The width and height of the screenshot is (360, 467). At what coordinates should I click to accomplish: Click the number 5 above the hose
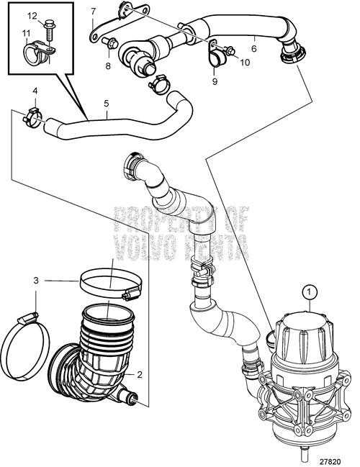(x=106, y=104)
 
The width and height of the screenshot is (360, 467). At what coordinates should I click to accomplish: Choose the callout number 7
(x=93, y=11)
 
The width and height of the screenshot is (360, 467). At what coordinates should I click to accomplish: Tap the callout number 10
(x=244, y=63)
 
